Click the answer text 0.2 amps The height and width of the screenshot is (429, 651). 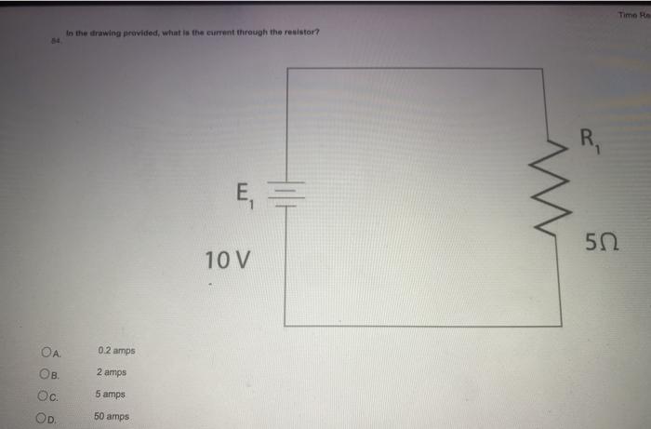(x=116, y=351)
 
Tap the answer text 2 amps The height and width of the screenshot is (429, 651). (x=112, y=372)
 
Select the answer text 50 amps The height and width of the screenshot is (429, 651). (x=113, y=416)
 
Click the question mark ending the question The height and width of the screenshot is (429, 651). (x=318, y=33)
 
